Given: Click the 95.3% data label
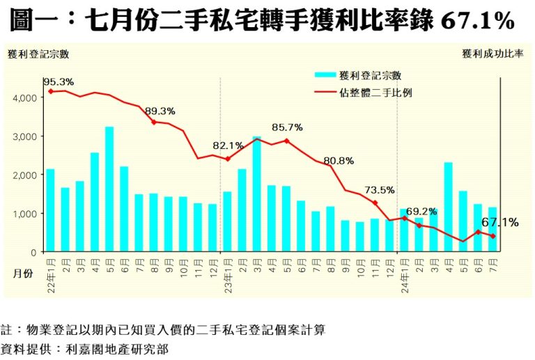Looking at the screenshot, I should tap(59, 82).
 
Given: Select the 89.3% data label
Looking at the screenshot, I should tap(160, 111).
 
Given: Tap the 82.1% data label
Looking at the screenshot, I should tap(228, 146).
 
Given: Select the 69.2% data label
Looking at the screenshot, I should tap(421, 210).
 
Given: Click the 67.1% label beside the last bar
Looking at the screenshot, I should tap(499, 223).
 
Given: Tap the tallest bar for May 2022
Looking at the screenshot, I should tap(109, 189).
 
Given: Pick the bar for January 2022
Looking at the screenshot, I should tap(50, 210).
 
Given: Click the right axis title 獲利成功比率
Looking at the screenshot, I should tap(492, 54).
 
